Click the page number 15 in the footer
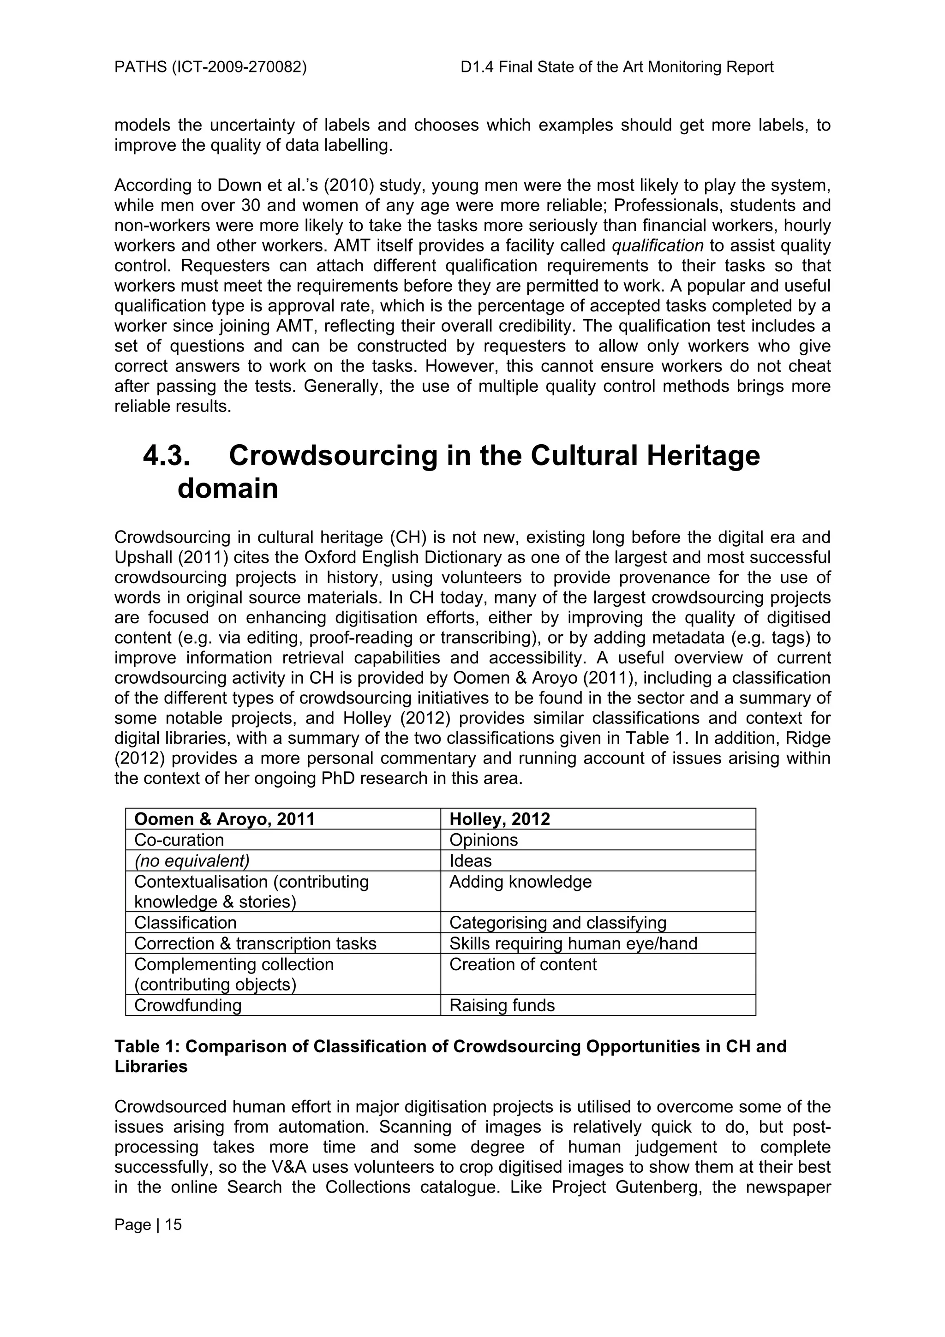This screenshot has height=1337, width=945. pos(173,1224)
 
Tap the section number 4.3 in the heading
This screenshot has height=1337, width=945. pos(167,455)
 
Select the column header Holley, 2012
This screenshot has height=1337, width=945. pos(500,819)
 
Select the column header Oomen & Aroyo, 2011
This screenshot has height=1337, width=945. pos(224,819)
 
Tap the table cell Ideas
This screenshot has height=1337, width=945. pos(471,861)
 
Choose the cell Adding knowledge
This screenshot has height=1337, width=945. pos(520,882)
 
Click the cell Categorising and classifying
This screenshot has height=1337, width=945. pos(558,922)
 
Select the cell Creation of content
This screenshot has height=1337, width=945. pos(523,964)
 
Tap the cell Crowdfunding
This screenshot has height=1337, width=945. pos(187,1005)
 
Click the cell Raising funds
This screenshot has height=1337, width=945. pos(502,1005)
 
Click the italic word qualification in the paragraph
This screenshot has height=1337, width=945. pos(658,246)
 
